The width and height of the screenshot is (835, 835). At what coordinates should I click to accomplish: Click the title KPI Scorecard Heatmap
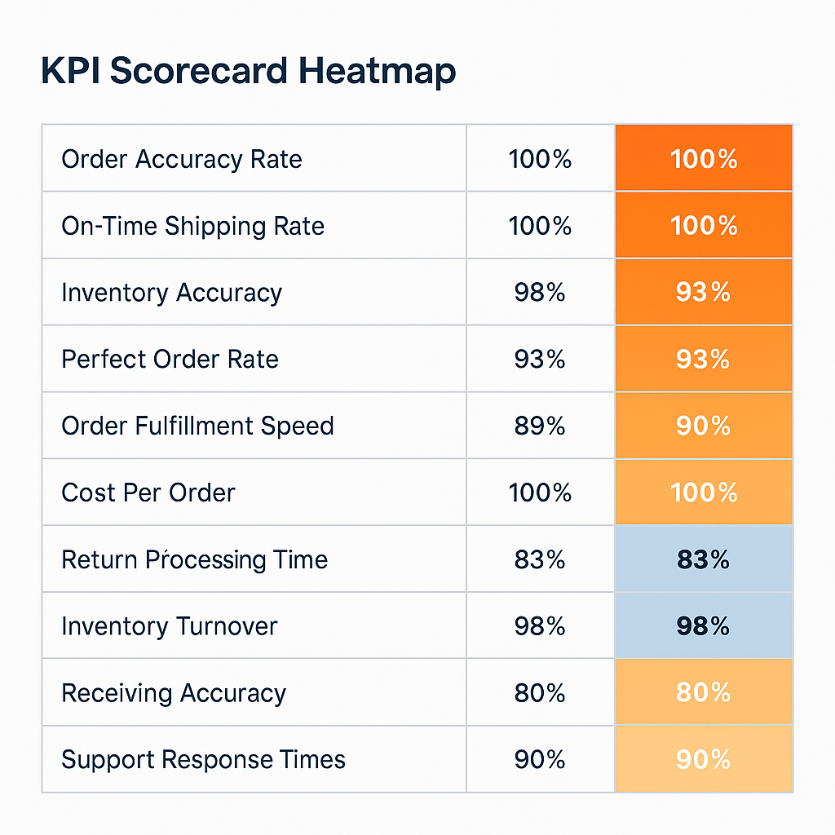coord(248,72)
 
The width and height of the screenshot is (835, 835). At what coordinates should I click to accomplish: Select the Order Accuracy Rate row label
coord(181,159)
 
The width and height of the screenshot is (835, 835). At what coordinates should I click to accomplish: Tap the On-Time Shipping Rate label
coord(192,226)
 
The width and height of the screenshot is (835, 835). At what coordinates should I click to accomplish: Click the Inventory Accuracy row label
coord(171,293)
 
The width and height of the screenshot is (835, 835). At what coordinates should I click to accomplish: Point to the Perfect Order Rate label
coord(170,360)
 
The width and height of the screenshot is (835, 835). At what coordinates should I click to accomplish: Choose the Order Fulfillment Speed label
coord(197,426)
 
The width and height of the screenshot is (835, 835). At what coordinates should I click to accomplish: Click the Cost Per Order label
coord(148,493)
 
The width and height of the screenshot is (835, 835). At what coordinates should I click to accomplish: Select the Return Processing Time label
coord(194,560)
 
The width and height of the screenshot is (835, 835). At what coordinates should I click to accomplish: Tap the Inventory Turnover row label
coord(169,627)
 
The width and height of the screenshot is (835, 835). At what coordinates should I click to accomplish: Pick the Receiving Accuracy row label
coord(174,694)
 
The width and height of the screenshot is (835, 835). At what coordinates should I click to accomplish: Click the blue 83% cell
coord(703,560)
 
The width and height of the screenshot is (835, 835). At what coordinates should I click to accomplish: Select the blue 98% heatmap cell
coord(703,627)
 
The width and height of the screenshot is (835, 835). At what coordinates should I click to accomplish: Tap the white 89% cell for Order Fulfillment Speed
coord(540,426)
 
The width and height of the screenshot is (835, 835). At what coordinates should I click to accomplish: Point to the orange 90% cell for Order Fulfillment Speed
coord(703,426)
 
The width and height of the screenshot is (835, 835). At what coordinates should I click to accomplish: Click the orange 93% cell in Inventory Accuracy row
coord(703,293)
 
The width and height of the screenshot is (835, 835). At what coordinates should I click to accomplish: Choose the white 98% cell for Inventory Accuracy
coord(540,293)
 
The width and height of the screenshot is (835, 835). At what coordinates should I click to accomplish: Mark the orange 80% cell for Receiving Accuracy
coord(703,694)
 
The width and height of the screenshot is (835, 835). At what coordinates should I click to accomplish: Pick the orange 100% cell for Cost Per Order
coord(703,493)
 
